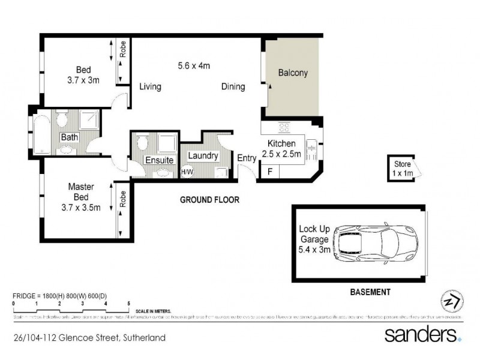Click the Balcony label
(x=293, y=73)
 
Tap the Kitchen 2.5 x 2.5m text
(x=281, y=149)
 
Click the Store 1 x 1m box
(x=400, y=168)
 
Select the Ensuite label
(x=159, y=161)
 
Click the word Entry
(x=247, y=158)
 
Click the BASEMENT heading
(x=370, y=292)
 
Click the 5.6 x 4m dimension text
(x=193, y=65)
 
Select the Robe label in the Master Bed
(x=122, y=200)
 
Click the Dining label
(x=233, y=87)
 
